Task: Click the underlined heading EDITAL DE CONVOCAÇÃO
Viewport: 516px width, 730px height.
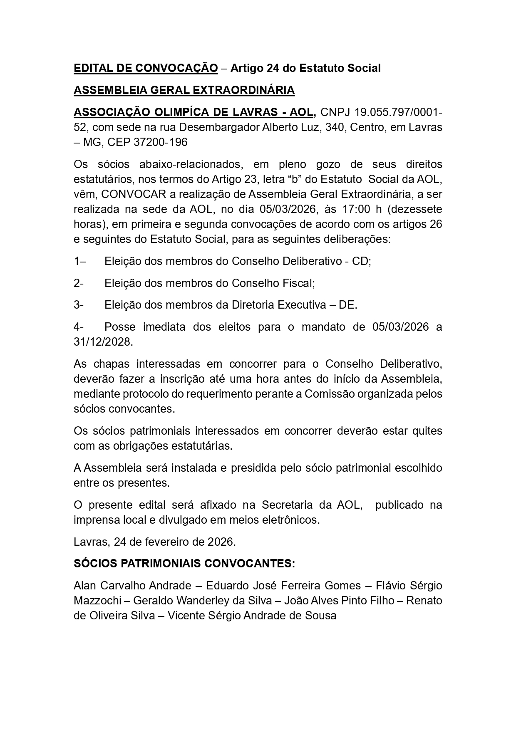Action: tap(146, 68)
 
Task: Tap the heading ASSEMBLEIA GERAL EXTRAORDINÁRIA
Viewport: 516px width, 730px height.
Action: tap(184, 90)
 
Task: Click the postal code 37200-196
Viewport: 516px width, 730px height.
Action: tap(161, 142)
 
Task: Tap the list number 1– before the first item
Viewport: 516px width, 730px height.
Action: tap(79, 261)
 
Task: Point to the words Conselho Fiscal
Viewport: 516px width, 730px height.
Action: tap(273, 283)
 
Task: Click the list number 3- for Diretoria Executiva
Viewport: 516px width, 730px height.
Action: tap(79, 305)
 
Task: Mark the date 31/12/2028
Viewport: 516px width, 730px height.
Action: tap(103, 342)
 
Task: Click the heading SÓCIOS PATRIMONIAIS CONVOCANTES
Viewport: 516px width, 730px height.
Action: tap(184, 564)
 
